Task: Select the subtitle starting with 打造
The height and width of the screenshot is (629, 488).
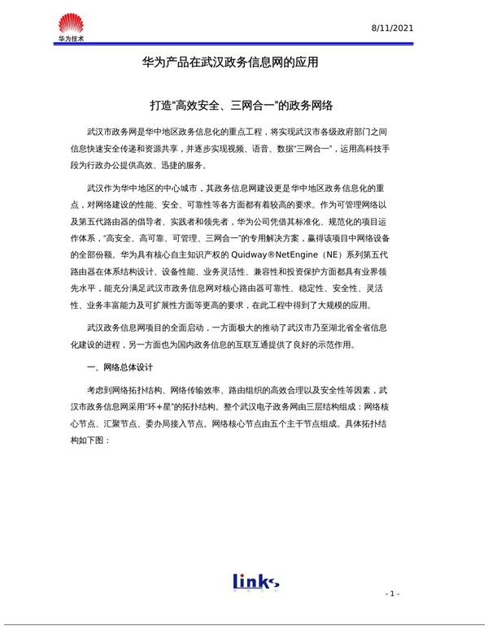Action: (243, 106)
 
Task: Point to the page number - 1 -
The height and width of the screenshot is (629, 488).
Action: (393, 594)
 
